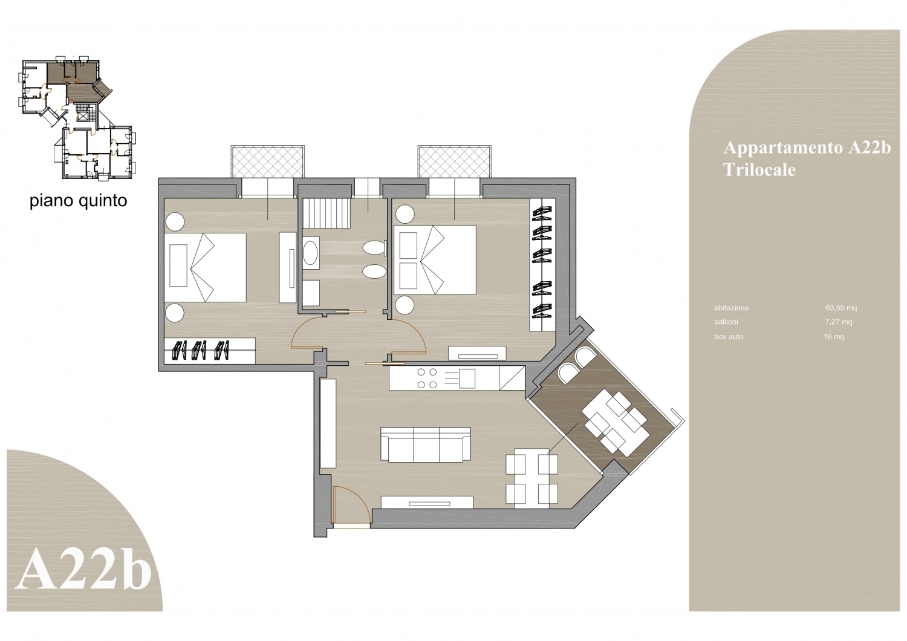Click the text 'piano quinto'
pyautogui.click(x=78, y=201)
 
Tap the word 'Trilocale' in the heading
pyautogui.click(x=759, y=170)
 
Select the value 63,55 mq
pyautogui.click(x=842, y=308)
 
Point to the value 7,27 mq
pyautogui.click(x=839, y=322)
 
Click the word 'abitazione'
pyautogui.click(x=731, y=308)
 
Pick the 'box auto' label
pyautogui.click(x=729, y=336)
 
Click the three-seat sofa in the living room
pyautogui.click(x=426, y=444)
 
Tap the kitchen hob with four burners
pyautogui.click(x=427, y=378)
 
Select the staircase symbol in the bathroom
pyautogui.click(x=325, y=213)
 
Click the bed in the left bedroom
pyautogui.click(x=206, y=267)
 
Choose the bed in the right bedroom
pyautogui.click(x=435, y=259)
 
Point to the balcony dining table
pyautogui.click(x=616, y=423)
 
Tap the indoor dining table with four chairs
pyautogui.click(x=532, y=478)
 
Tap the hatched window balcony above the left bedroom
pyautogui.click(x=268, y=161)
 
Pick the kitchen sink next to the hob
pyautogui.click(x=467, y=378)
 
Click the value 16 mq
pyautogui.click(x=834, y=336)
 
